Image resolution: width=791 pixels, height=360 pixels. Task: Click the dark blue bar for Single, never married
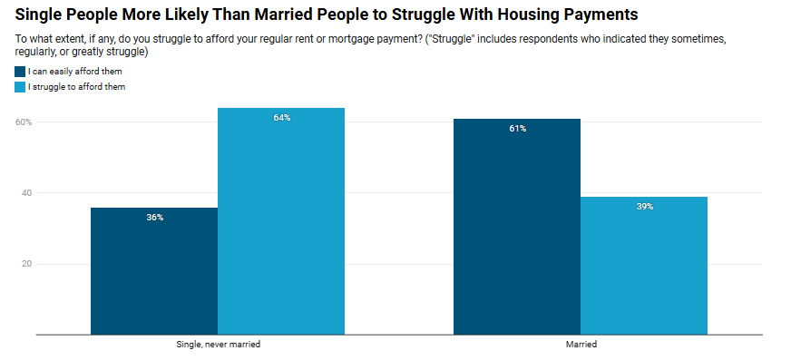coord(154,271)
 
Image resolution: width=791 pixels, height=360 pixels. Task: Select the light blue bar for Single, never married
coord(281,221)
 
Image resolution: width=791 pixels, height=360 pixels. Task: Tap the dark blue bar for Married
coord(517,227)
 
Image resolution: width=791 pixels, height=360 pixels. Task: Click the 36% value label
coord(154,218)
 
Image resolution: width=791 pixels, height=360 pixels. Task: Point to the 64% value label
coord(281,118)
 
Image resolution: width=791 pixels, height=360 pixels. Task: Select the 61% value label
coord(517,129)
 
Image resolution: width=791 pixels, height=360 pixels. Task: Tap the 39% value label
coord(644,207)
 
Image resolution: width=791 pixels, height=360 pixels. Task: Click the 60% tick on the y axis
coord(23,122)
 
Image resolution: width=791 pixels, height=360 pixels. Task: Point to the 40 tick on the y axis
coord(25,193)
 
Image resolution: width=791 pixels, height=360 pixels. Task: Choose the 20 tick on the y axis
coord(25,264)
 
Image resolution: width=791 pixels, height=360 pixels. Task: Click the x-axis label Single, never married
coord(218,345)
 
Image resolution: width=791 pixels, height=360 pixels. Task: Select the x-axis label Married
coord(581,345)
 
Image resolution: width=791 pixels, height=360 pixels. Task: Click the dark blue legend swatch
coord(20,72)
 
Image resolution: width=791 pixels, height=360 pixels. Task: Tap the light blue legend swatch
coord(20,87)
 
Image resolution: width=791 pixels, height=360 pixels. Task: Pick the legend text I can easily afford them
coord(75,72)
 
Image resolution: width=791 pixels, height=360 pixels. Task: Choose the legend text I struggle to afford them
coord(76,87)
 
